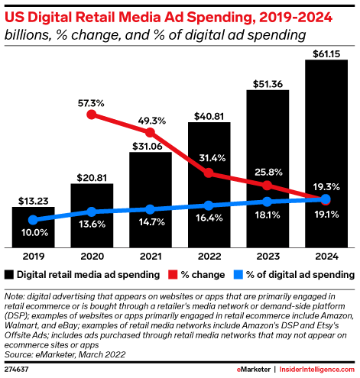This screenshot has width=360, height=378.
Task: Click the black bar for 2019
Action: (33, 228)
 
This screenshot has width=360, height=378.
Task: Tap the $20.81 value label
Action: (92, 176)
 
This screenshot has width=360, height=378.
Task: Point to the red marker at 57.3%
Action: (92, 115)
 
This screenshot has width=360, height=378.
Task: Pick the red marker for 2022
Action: (209, 173)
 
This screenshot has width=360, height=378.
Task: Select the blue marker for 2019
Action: (33, 220)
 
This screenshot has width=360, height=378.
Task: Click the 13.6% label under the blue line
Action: (92, 224)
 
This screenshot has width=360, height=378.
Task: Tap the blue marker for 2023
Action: (268, 202)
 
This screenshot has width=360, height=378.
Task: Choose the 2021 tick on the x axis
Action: (151, 257)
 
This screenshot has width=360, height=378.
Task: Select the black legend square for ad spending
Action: (9, 273)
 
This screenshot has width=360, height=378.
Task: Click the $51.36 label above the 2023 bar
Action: (268, 82)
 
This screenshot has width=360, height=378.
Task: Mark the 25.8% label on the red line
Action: (268, 170)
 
